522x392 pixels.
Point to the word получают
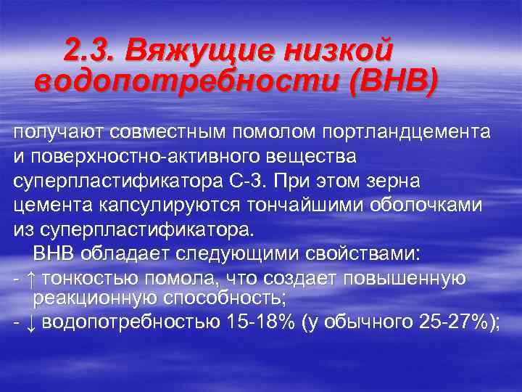point(57,133)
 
